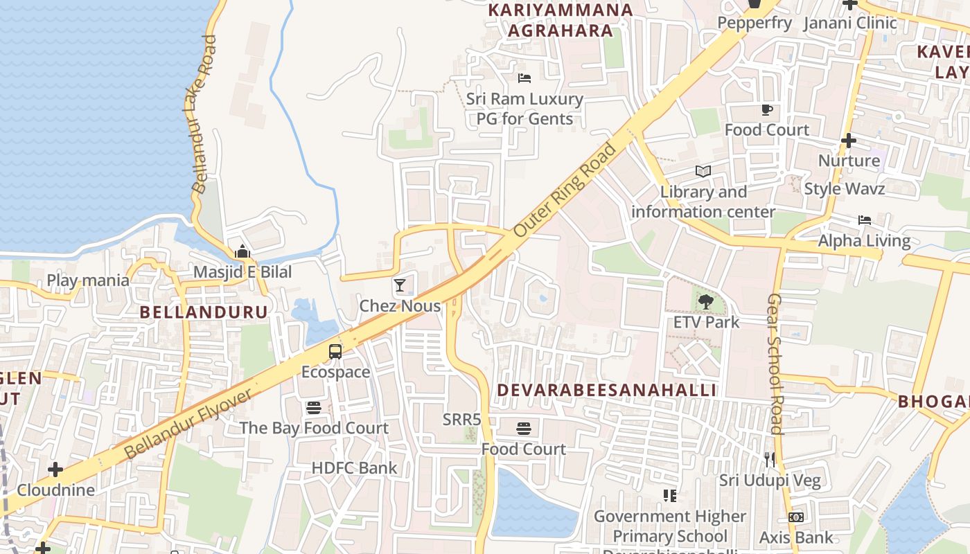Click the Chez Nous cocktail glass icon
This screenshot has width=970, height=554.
point(400,285)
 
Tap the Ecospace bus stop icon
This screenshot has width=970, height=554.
point(335,351)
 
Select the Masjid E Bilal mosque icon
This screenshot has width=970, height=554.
point(242,251)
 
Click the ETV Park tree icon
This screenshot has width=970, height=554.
point(706,301)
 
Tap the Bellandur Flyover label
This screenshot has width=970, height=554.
point(188,424)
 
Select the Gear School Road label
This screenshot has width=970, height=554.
point(775,364)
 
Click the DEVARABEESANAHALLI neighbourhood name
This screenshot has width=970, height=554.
point(606,390)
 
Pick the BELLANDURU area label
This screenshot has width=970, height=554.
point(204,312)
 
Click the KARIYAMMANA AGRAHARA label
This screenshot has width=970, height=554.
point(561,20)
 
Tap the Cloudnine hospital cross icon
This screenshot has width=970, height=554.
point(55,470)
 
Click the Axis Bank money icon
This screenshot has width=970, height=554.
point(796,517)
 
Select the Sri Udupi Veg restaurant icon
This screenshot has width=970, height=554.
point(770,459)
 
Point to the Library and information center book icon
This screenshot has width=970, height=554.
point(703,171)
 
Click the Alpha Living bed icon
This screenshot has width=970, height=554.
point(865,220)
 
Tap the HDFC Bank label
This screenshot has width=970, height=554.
point(354,468)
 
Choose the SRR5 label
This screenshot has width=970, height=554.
point(461,420)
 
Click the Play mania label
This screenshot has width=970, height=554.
point(88,280)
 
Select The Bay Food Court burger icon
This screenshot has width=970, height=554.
point(314,407)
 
